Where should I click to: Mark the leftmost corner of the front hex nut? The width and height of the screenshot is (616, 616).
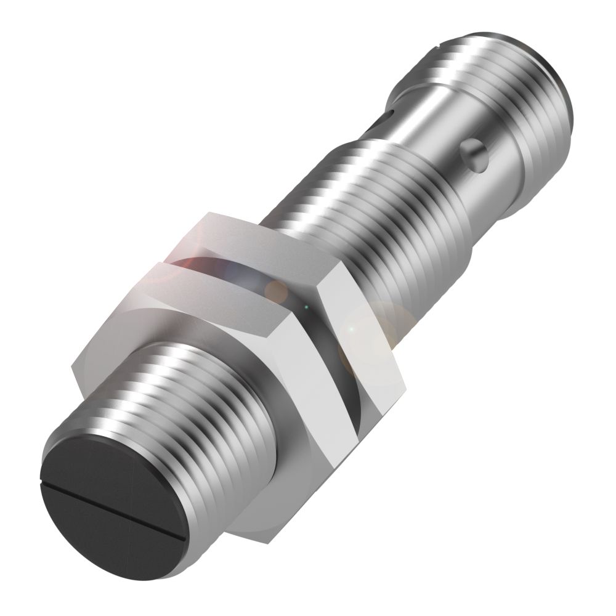(x=73, y=368)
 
